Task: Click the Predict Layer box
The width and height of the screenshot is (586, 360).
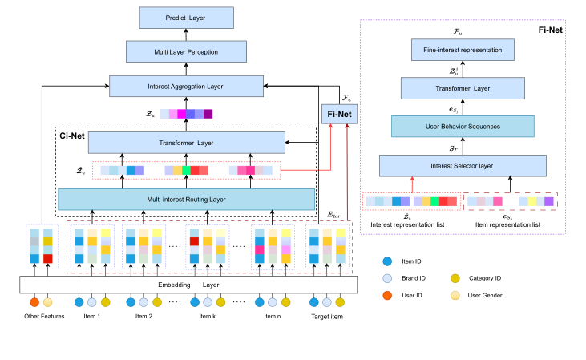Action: pyautogui.click(x=186, y=18)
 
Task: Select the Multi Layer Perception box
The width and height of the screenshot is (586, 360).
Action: pyautogui.click(x=186, y=53)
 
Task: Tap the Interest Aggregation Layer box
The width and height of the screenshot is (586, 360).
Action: pyautogui.click(x=186, y=86)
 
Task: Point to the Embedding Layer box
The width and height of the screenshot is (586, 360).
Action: pyautogui.click(x=185, y=283)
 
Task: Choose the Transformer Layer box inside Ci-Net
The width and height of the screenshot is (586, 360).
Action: pyautogui.click(x=185, y=144)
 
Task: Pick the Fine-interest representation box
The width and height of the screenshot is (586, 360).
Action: pyautogui.click(x=462, y=51)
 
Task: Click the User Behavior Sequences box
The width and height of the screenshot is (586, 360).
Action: pyautogui.click(x=462, y=127)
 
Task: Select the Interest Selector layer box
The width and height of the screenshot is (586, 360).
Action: pyautogui.click(x=462, y=165)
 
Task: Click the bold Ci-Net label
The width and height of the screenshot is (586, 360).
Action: pyautogui.click(x=73, y=136)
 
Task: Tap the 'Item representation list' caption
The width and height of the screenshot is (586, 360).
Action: pyautogui.click(x=507, y=224)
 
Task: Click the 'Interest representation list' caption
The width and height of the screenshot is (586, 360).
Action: pyautogui.click(x=409, y=224)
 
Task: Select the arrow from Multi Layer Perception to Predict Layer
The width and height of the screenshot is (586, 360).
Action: pyautogui.click(x=186, y=35)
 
